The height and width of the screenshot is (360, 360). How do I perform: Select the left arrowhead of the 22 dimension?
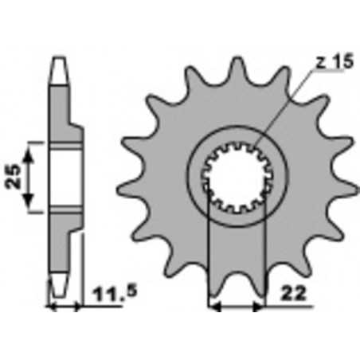click(213, 304)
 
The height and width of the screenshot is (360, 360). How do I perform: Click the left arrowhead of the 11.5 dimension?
click(52, 305)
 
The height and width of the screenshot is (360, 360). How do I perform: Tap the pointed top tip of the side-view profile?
click(58, 59)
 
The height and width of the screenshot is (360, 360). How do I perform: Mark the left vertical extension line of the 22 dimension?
click(209, 255)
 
